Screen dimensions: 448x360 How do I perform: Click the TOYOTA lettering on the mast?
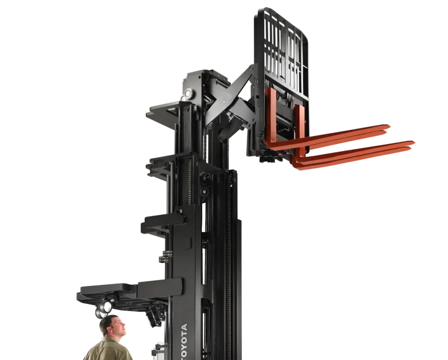184,342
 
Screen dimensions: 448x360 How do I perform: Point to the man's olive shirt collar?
111,340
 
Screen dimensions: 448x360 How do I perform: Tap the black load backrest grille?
282,53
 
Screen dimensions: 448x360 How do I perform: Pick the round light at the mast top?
188,93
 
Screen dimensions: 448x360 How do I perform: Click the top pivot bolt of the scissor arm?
252,68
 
